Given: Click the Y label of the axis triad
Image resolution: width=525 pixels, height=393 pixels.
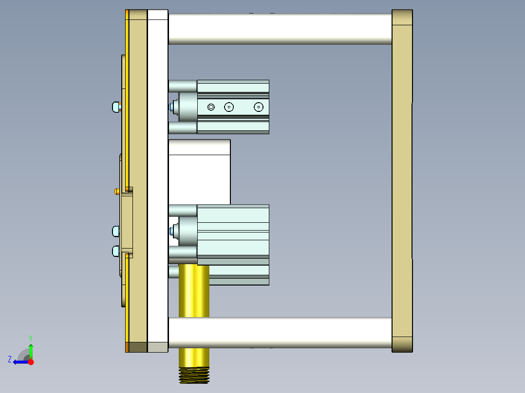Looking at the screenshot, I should point(30,337).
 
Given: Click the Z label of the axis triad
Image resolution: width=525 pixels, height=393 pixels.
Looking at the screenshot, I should point(10,359).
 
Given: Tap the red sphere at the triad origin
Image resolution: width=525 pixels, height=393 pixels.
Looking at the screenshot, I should point(31,362).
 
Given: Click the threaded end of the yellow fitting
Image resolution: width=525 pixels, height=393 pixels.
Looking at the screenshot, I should point(194,375).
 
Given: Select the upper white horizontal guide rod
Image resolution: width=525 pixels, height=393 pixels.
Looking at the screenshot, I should point(280,29).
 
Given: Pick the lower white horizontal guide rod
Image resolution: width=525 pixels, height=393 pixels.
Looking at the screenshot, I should point(280,333).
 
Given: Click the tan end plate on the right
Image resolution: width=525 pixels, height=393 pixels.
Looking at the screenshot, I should point(402,180).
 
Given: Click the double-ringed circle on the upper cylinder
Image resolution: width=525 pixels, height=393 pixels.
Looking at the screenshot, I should point(211,107).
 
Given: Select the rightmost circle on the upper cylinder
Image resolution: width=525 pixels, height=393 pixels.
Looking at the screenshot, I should point(259,107).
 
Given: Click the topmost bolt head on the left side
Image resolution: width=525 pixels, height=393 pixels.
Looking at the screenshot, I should point(115,107).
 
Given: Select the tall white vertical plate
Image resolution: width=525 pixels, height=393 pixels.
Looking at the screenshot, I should point(157,180).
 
